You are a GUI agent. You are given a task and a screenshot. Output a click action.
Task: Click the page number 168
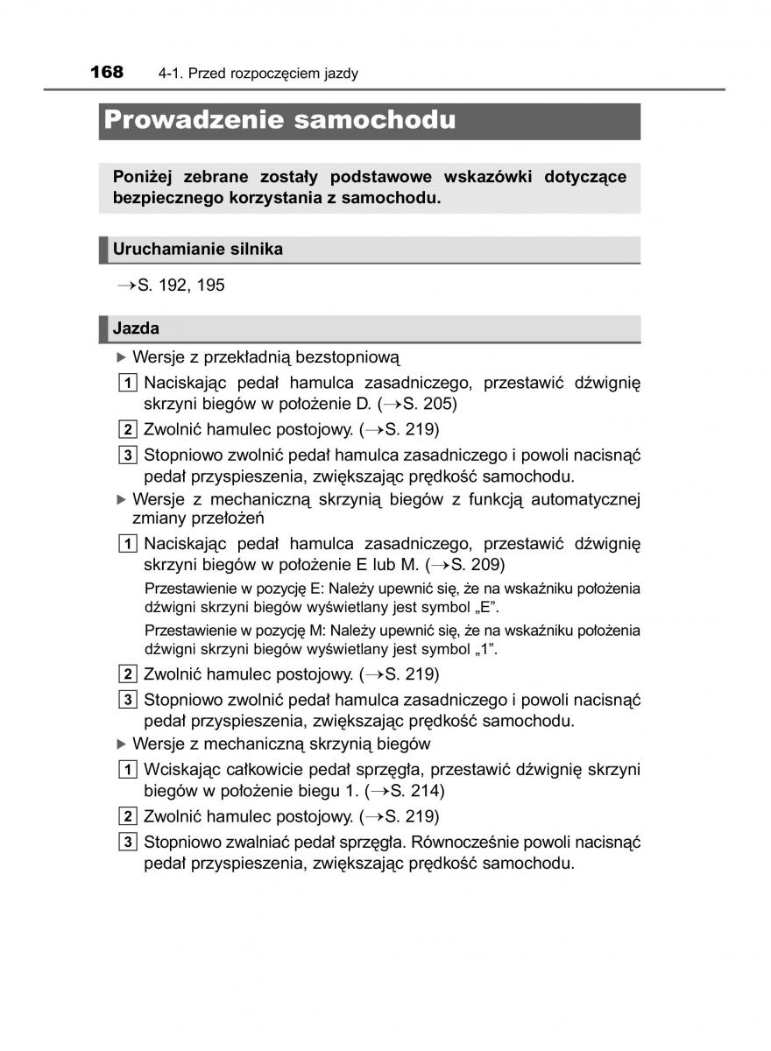tap(106, 72)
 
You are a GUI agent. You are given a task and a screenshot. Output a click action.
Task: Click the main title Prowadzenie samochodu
tap(279, 120)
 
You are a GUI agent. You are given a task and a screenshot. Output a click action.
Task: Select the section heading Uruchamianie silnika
tap(198, 249)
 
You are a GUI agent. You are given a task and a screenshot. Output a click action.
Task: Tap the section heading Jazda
tap(137, 328)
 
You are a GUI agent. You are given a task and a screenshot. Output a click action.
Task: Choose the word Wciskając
tap(180, 769)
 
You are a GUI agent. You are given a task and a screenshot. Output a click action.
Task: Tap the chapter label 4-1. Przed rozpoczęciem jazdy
tap(258, 74)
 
